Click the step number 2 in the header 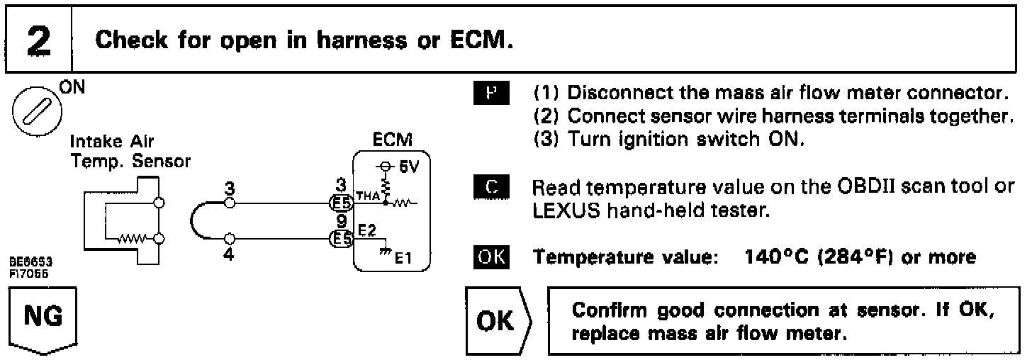[36, 40]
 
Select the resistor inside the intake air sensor [133, 238]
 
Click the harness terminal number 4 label [228, 253]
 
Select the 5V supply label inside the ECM [405, 170]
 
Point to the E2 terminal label [367, 230]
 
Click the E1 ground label [399, 259]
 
